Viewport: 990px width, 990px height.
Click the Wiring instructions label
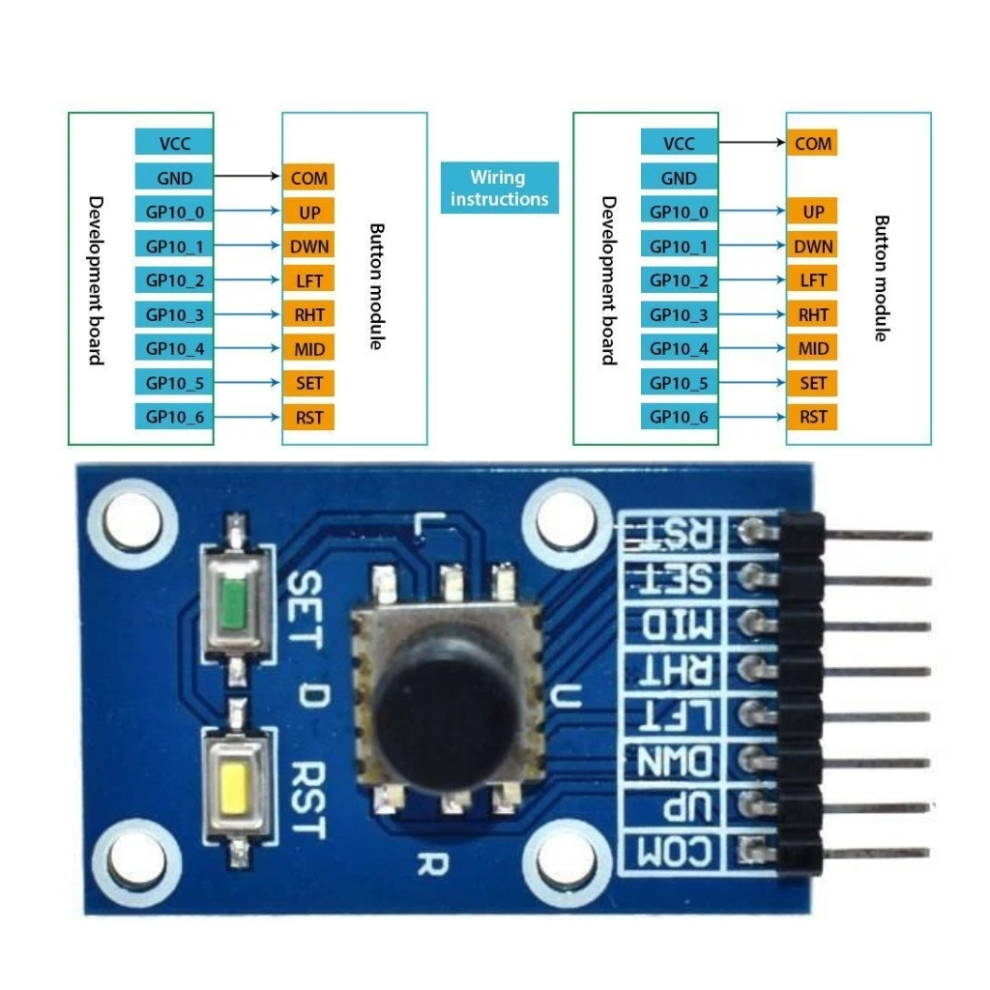point(499,188)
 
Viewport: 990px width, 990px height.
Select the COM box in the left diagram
point(308,178)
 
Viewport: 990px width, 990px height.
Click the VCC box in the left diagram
point(174,143)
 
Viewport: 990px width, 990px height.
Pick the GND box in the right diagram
point(679,178)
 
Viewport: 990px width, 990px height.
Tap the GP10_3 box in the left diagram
point(174,314)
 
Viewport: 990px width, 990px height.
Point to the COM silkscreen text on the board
point(677,852)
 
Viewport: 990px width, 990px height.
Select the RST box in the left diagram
point(308,418)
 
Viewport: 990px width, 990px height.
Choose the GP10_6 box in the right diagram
point(679,418)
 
